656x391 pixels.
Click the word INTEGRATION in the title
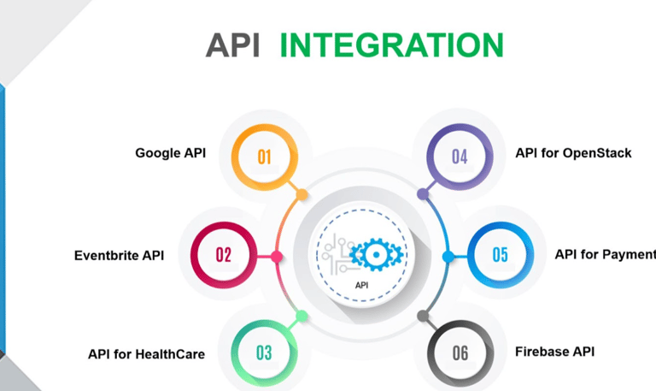pyautogui.click(x=391, y=44)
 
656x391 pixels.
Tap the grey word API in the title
pyautogui.click(x=232, y=44)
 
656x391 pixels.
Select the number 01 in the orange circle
pyautogui.click(x=264, y=156)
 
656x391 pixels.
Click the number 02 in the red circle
pyautogui.click(x=224, y=254)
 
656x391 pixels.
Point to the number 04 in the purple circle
pyautogui.click(x=460, y=156)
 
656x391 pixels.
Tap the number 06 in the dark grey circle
pyautogui.click(x=460, y=352)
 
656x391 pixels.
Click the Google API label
pyautogui.click(x=170, y=153)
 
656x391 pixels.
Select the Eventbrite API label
pyautogui.click(x=119, y=254)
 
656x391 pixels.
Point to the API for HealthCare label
pyautogui.click(x=146, y=352)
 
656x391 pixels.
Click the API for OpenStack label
pyautogui.click(x=573, y=153)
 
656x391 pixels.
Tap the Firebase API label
pyautogui.click(x=554, y=351)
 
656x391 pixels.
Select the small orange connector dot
pyautogui.click(x=302, y=195)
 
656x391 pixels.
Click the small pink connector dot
pyautogui.click(x=277, y=257)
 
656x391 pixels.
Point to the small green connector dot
pyautogui.click(x=302, y=316)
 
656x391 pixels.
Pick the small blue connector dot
pyautogui.click(x=447, y=257)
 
